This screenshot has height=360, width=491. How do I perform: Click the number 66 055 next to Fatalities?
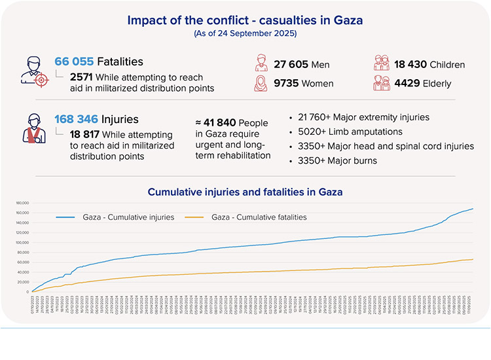(74, 62)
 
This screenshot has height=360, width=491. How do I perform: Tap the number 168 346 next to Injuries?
(77, 119)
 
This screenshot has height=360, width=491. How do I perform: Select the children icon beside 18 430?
(382, 63)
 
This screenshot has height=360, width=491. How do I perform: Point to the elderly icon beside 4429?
(382, 83)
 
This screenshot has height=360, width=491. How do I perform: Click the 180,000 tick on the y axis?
(22, 203)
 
